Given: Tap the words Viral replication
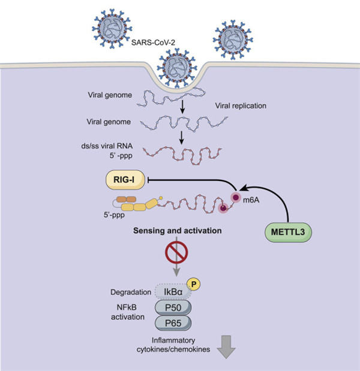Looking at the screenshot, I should [x=241, y=107].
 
